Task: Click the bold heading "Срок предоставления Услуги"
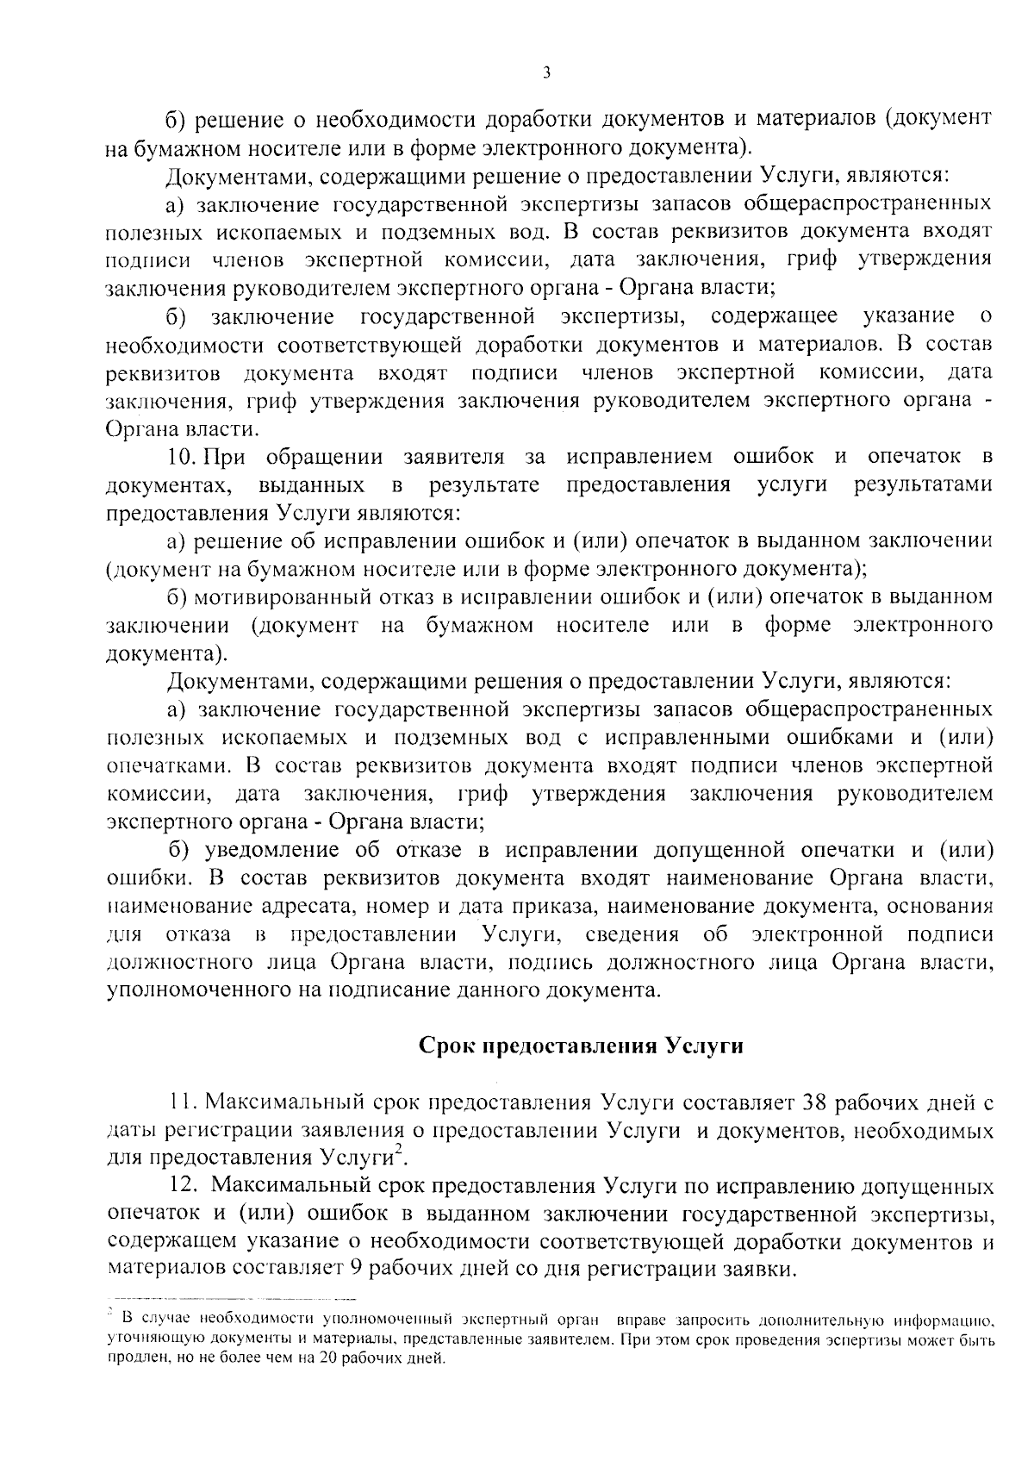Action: coord(580,1046)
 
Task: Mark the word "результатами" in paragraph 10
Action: coord(923,484)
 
